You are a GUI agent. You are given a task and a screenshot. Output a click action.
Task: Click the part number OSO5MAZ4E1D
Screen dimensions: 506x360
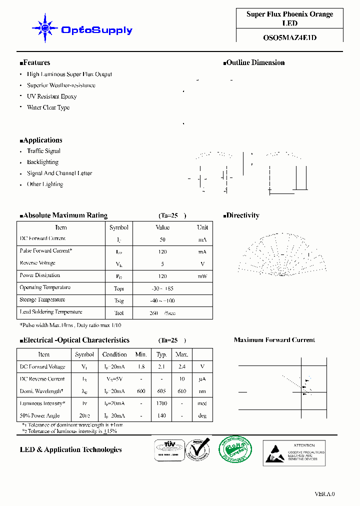click(289, 37)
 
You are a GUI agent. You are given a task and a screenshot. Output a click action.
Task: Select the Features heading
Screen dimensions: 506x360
click(35, 63)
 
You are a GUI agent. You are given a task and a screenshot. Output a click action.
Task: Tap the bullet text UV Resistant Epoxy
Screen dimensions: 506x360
click(51, 96)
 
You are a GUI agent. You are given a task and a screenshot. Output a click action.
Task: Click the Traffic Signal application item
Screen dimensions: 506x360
click(43, 151)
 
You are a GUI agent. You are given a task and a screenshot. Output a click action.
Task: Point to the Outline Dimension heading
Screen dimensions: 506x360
click(254, 63)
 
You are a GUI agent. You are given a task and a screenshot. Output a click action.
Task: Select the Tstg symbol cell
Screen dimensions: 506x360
click(119, 301)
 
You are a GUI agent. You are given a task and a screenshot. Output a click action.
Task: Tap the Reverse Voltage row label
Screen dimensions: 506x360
click(37, 263)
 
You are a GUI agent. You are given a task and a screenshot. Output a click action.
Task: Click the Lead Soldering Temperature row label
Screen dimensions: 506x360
click(50, 312)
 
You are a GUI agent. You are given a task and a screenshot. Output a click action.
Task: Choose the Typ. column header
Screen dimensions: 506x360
click(161, 354)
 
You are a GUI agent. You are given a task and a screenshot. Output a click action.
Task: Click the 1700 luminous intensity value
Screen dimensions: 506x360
click(161, 403)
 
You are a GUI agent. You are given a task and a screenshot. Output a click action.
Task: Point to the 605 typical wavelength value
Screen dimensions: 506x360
click(161, 391)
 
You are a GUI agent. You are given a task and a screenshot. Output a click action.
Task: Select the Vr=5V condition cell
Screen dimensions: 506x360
click(114, 379)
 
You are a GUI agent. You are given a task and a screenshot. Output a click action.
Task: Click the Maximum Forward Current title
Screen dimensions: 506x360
click(274, 340)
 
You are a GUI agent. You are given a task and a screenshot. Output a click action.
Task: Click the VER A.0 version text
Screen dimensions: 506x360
click(324, 494)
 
